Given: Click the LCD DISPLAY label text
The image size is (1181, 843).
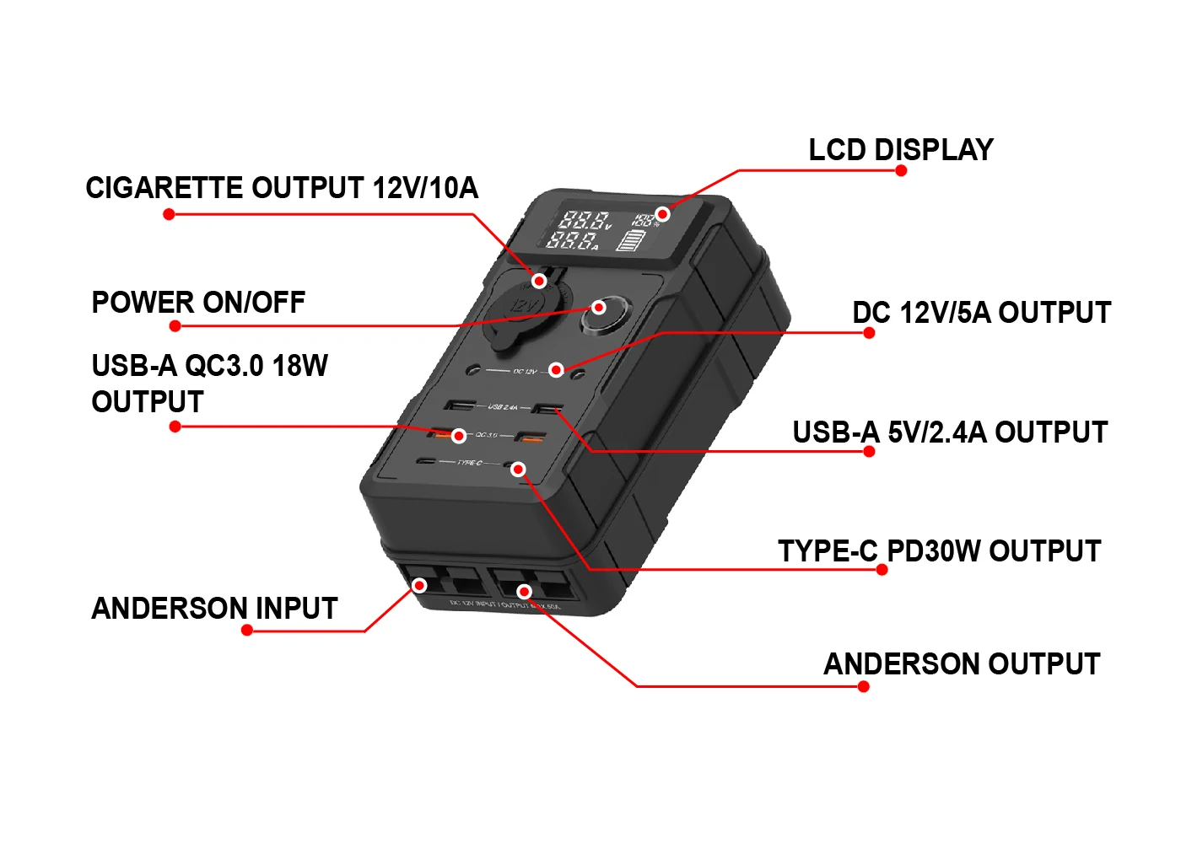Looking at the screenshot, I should (900, 150).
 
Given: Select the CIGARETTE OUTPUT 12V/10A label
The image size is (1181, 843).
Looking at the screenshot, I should (282, 188).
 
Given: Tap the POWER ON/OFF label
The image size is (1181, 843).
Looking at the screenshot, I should (198, 303).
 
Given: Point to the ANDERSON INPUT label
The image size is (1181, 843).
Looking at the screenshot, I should (214, 609).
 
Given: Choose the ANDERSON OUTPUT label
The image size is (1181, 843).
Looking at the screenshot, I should (962, 664).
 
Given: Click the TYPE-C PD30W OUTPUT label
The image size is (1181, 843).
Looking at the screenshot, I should (939, 551).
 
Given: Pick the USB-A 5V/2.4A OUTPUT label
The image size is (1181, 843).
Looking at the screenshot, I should (949, 432).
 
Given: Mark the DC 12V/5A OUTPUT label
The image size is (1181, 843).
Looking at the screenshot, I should (981, 313).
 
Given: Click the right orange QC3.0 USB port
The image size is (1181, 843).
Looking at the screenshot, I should (530, 437).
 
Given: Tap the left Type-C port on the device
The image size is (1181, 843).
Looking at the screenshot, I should (427, 462).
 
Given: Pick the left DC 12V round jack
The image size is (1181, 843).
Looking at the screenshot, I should (474, 370).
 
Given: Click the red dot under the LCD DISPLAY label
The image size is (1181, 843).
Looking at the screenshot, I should (901, 171).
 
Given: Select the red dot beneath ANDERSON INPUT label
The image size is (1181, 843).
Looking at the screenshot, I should (247, 630).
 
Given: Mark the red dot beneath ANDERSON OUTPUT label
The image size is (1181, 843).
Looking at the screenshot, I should (863, 686).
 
